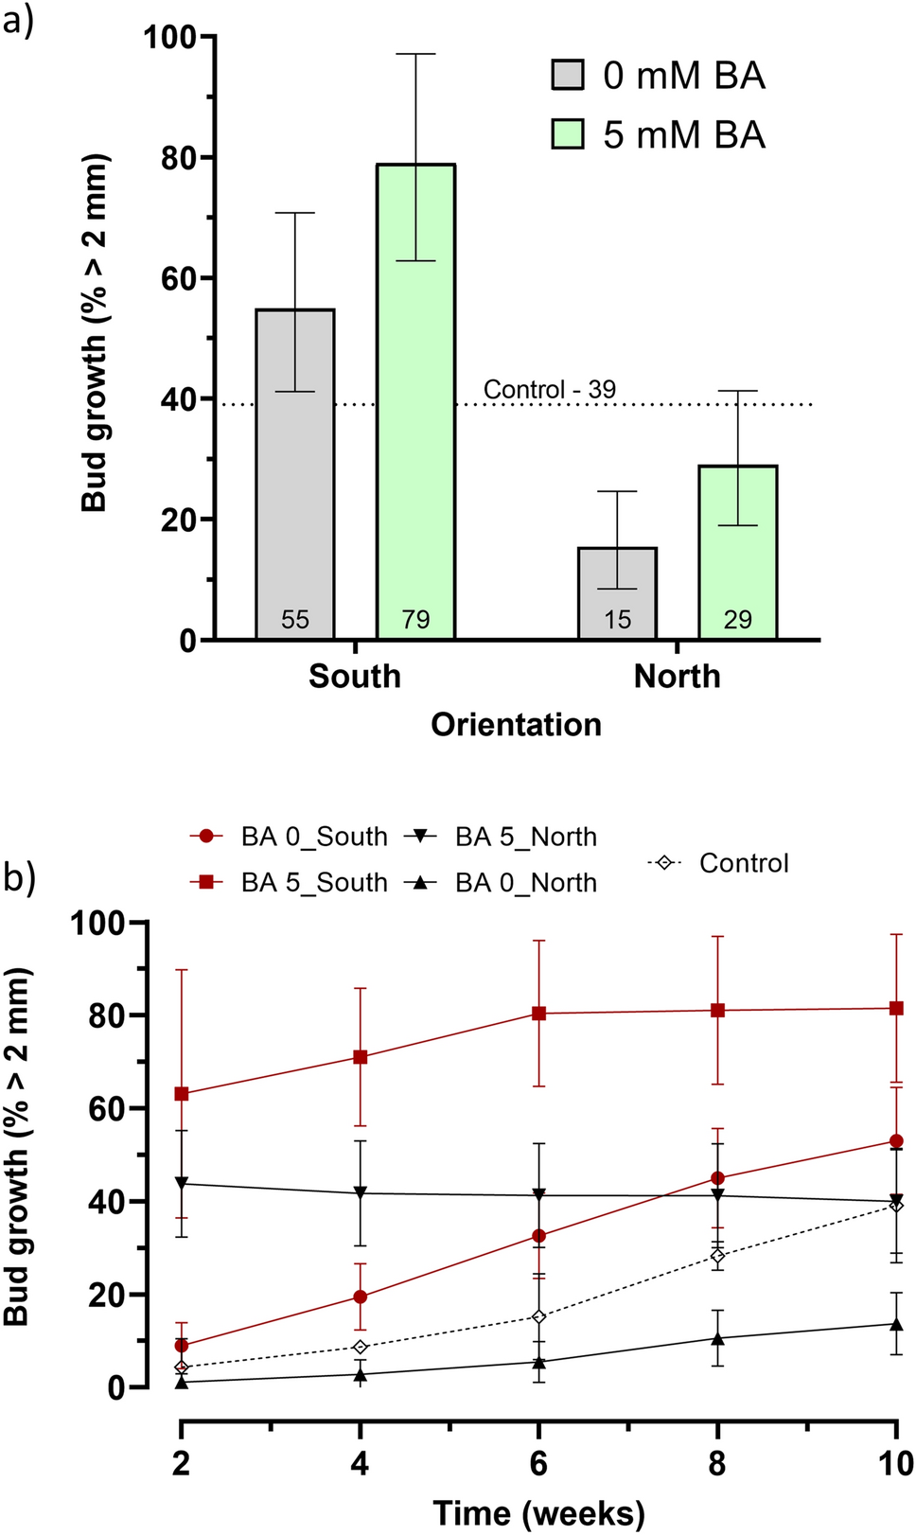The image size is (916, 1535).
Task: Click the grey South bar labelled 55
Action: click(x=295, y=473)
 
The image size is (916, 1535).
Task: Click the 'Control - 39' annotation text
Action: click(x=549, y=390)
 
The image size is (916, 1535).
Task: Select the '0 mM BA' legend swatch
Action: click(x=568, y=75)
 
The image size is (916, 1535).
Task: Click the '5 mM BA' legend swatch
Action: click(x=568, y=134)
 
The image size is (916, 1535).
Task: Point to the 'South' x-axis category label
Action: click(x=355, y=676)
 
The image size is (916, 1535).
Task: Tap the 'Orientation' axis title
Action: click(x=516, y=725)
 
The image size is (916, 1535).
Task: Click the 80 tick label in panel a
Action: click(x=178, y=158)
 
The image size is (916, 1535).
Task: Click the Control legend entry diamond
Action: click(x=664, y=863)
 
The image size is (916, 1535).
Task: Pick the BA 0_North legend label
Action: click(x=525, y=882)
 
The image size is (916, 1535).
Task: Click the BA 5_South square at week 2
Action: click(x=182, y=1094)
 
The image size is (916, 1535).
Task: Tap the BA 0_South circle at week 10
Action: click(x=896, y=1141)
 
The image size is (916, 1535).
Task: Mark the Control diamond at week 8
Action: click(x=718, y=1256)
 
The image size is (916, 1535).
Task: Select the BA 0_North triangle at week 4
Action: click(x=361, y=1374)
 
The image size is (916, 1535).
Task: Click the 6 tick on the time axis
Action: click(x=538, y=1464)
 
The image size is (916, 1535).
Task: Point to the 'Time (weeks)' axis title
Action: click(x=538, y=1512)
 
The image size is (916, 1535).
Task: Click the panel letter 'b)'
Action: click(x=19, y=877)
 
